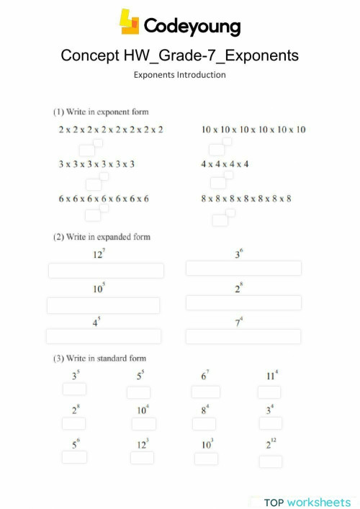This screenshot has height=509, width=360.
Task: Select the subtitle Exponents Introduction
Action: (180, 74)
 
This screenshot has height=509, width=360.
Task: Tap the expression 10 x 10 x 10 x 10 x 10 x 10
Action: (253, 130)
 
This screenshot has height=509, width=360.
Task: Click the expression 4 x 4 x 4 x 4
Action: (225, 164)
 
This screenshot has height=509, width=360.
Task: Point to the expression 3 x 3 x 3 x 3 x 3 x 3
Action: (96, 164)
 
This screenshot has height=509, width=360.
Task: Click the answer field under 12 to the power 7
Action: (106, 271)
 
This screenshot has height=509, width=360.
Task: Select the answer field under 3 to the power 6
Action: (243, 268)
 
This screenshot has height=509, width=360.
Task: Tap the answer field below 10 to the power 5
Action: (103, 305)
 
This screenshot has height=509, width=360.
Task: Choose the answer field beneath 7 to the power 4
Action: (243, 336)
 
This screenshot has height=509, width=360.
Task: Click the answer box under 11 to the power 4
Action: (270, 392)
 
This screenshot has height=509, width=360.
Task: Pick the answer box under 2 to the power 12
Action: (271, 461)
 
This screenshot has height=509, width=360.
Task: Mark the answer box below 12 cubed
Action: (143, 458)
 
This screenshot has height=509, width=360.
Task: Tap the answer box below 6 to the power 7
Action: (206, 392)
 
